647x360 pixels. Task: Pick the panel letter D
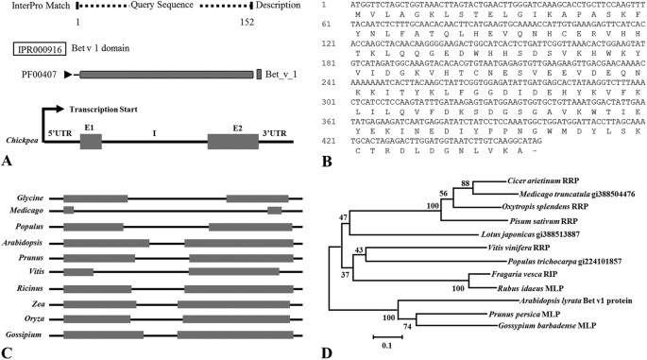[328, 352]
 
